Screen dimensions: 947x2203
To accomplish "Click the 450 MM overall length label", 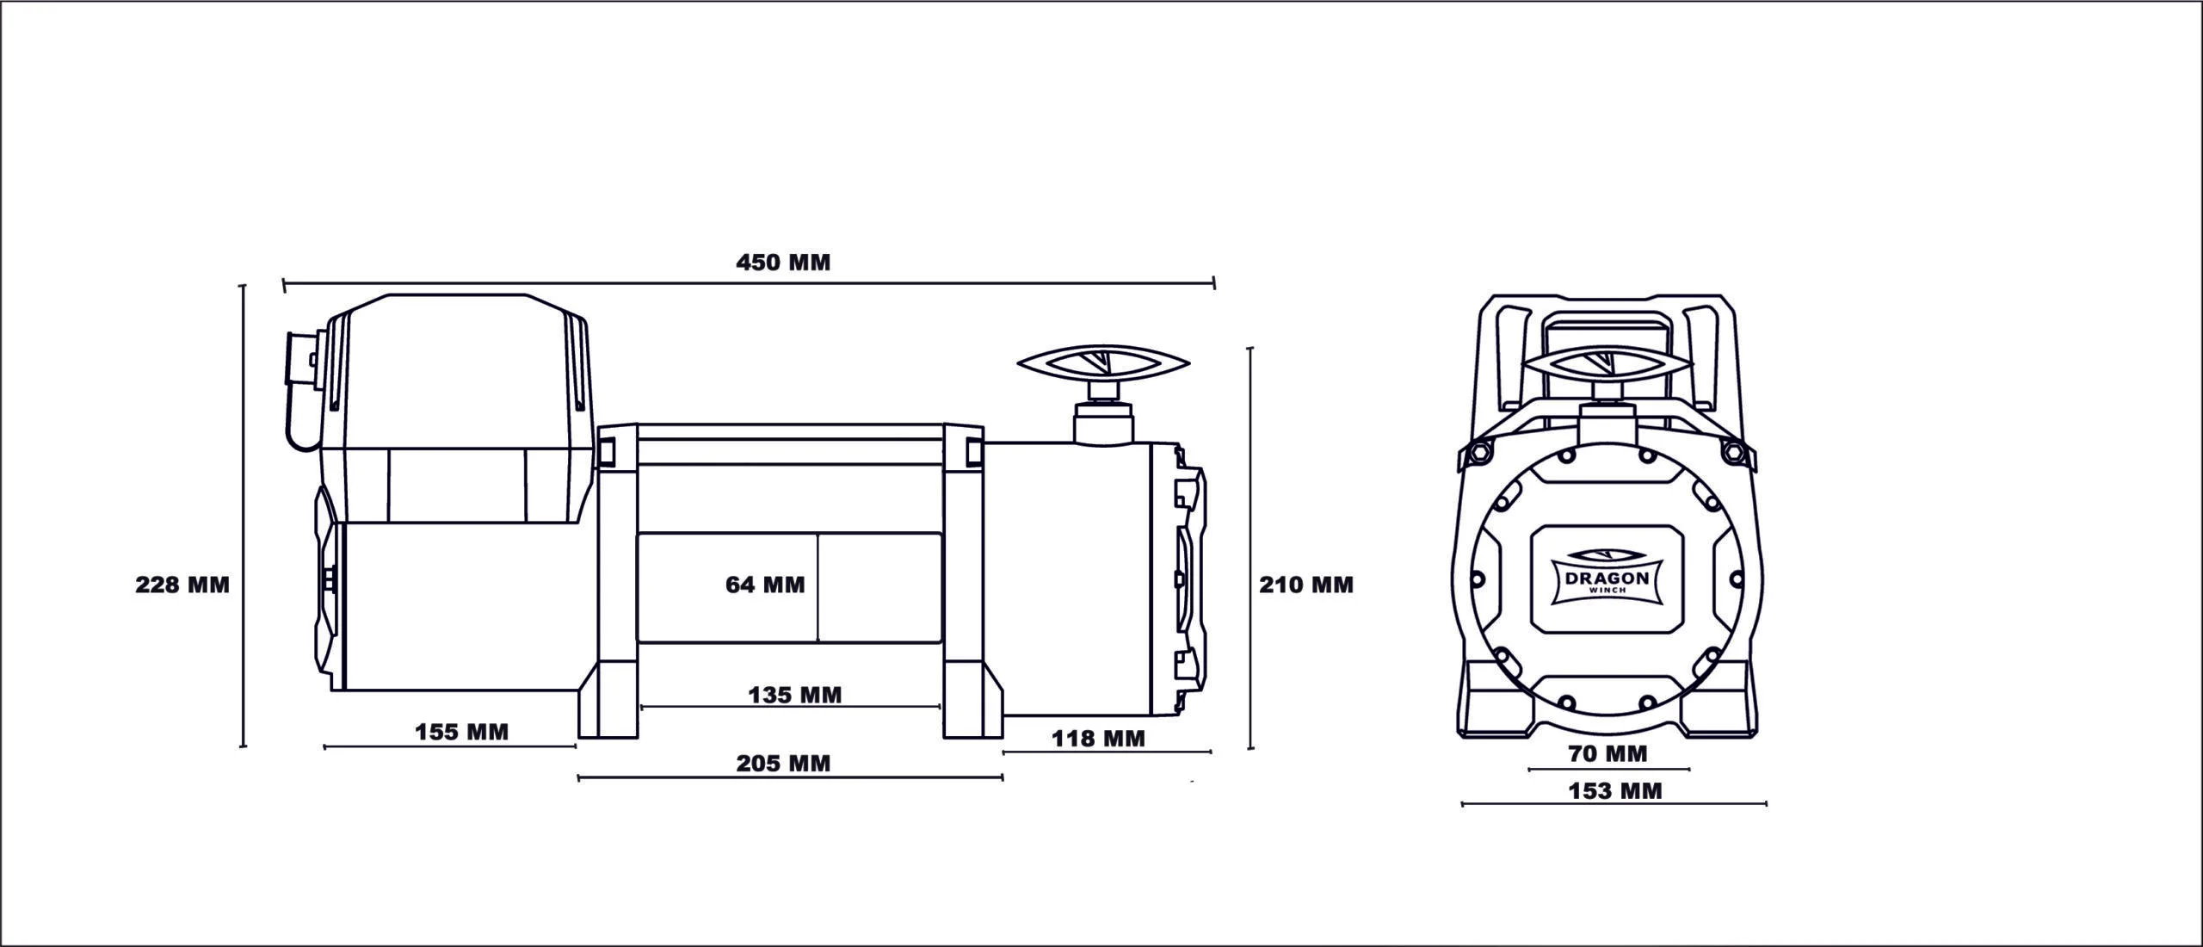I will pyautogui.click(x=783, y=263).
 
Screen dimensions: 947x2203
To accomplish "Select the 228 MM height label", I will pyautogui.click(x=182, y=585).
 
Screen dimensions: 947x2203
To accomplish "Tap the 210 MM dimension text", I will pyautogui.click(x=1306, y=585).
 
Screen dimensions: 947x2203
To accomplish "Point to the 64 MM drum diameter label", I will pyautogui.click(x=765, y=585).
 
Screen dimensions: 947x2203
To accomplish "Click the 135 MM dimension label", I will pyautogui.click(x=794, y=695).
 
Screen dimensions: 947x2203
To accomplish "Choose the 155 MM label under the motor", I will pyautogui.click(x=462, y=733).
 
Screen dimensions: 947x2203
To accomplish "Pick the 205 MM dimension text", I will pyautogui.click(x=783, y=764).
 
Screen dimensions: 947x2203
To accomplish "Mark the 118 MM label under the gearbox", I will pyautogui.click(x=1098, y=739).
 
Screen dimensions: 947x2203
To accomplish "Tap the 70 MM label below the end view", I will pyautogui.click(x=1608, y=754).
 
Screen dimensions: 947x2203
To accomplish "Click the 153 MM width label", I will pyautogui.click(x=1615, y=790).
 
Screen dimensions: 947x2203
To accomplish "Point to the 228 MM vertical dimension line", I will pyautogui.click(x=244, y=517).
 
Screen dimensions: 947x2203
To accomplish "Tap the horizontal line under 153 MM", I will pyautogui.click(x=1614, y=804).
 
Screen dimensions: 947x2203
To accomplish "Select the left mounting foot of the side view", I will pyautogui.click(x=609, y=706).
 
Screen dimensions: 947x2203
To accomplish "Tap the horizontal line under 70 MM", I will pyautogui.click(x=1608, y=769).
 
